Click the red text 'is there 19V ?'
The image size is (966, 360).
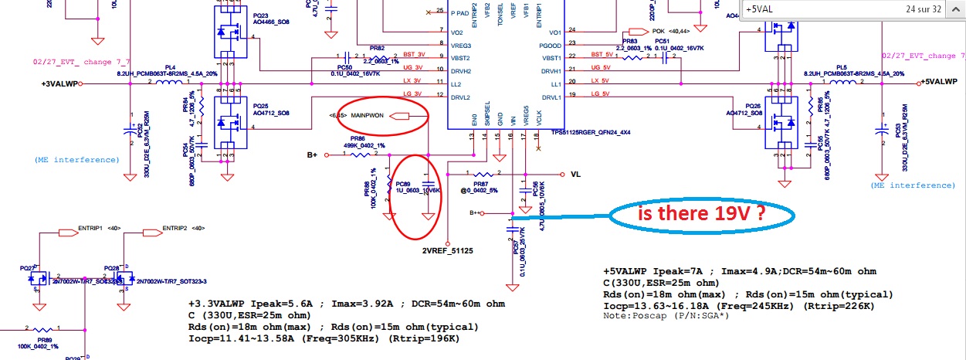coord(701,216)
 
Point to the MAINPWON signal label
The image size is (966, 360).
coord(368,116)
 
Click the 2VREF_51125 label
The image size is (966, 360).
coord(447,250)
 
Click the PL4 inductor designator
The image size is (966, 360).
coord(170,67)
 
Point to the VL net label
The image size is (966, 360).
coord(575,175)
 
